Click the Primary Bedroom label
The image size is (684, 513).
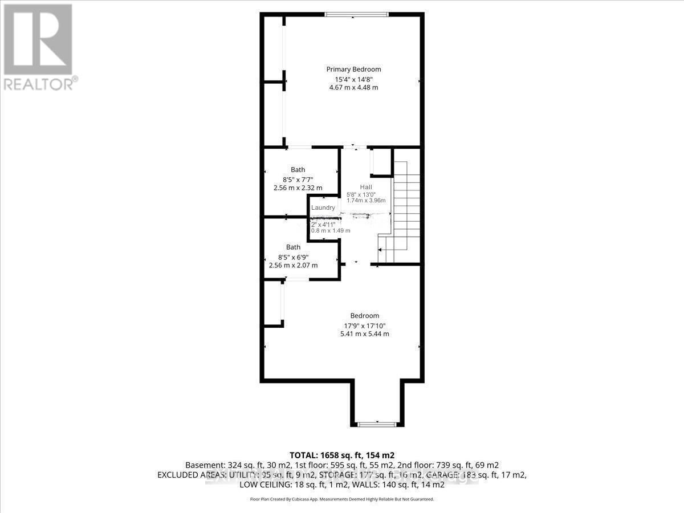[353, 70]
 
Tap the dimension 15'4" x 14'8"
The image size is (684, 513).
[353, 79]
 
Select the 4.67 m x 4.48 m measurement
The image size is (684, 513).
[353, 88]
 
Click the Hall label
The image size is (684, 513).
[365, 188]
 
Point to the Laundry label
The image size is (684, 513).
[323, 208]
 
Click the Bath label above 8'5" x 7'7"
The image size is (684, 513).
[298, 170]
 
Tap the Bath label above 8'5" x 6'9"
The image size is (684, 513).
[293, 247]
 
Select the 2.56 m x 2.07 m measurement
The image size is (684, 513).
[293, 266]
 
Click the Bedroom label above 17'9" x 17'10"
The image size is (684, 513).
[364, 316]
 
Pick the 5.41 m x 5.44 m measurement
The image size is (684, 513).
[364, 334]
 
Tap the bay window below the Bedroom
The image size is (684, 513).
[376, 424]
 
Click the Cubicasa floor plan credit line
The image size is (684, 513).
[342, 499]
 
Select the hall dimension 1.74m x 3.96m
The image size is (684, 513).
[366, 201]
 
